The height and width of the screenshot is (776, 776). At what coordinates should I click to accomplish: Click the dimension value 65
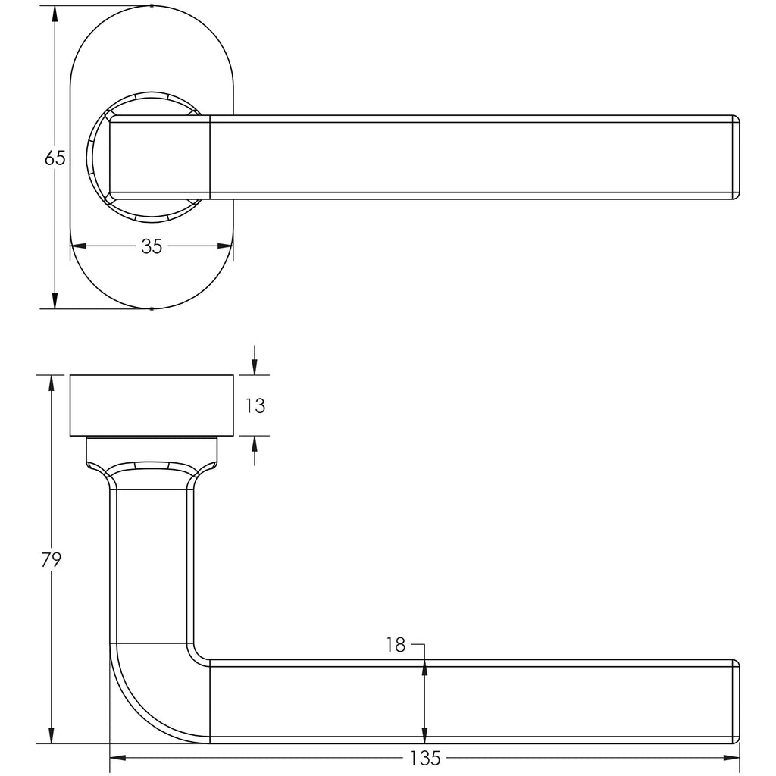[55, 158]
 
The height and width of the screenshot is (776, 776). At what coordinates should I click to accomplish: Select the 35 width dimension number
[152, 246]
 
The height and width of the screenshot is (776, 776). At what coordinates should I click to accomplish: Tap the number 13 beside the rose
[255, 406]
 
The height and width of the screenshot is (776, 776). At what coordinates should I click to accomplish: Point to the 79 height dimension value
[51, 560]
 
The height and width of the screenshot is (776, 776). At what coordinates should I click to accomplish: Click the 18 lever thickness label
[396, 645]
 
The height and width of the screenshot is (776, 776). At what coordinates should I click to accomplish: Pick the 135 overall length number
[425, 758]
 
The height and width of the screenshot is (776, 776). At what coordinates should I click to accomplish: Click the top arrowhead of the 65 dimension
[55, 14]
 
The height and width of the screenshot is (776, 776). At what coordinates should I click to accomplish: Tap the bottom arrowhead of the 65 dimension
[55, 300]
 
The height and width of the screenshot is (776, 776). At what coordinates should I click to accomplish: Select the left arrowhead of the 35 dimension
[79, 246]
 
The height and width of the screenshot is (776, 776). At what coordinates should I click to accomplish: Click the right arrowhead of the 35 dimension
[225, 246]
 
